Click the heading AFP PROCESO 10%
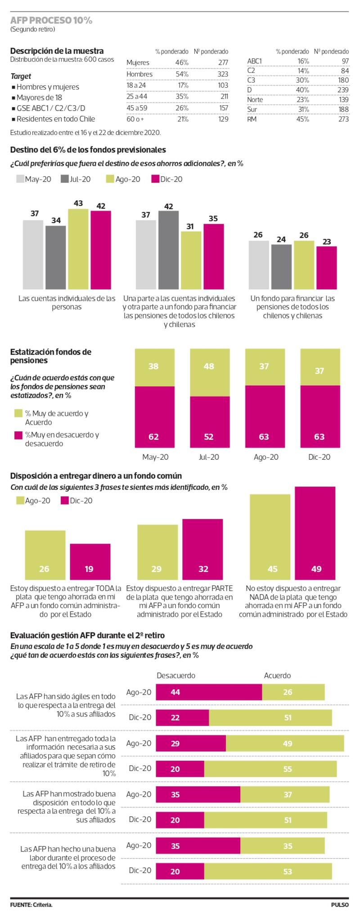[x=51, y=20]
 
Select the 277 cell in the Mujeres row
[x=223, y=63]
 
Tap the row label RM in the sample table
[x=252, y=119]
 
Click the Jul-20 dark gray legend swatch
[x=64, y=179]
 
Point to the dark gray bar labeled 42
[x=168, y=250]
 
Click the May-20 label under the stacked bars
[x=155, y=457]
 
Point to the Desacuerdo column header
[x=176, y=675]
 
